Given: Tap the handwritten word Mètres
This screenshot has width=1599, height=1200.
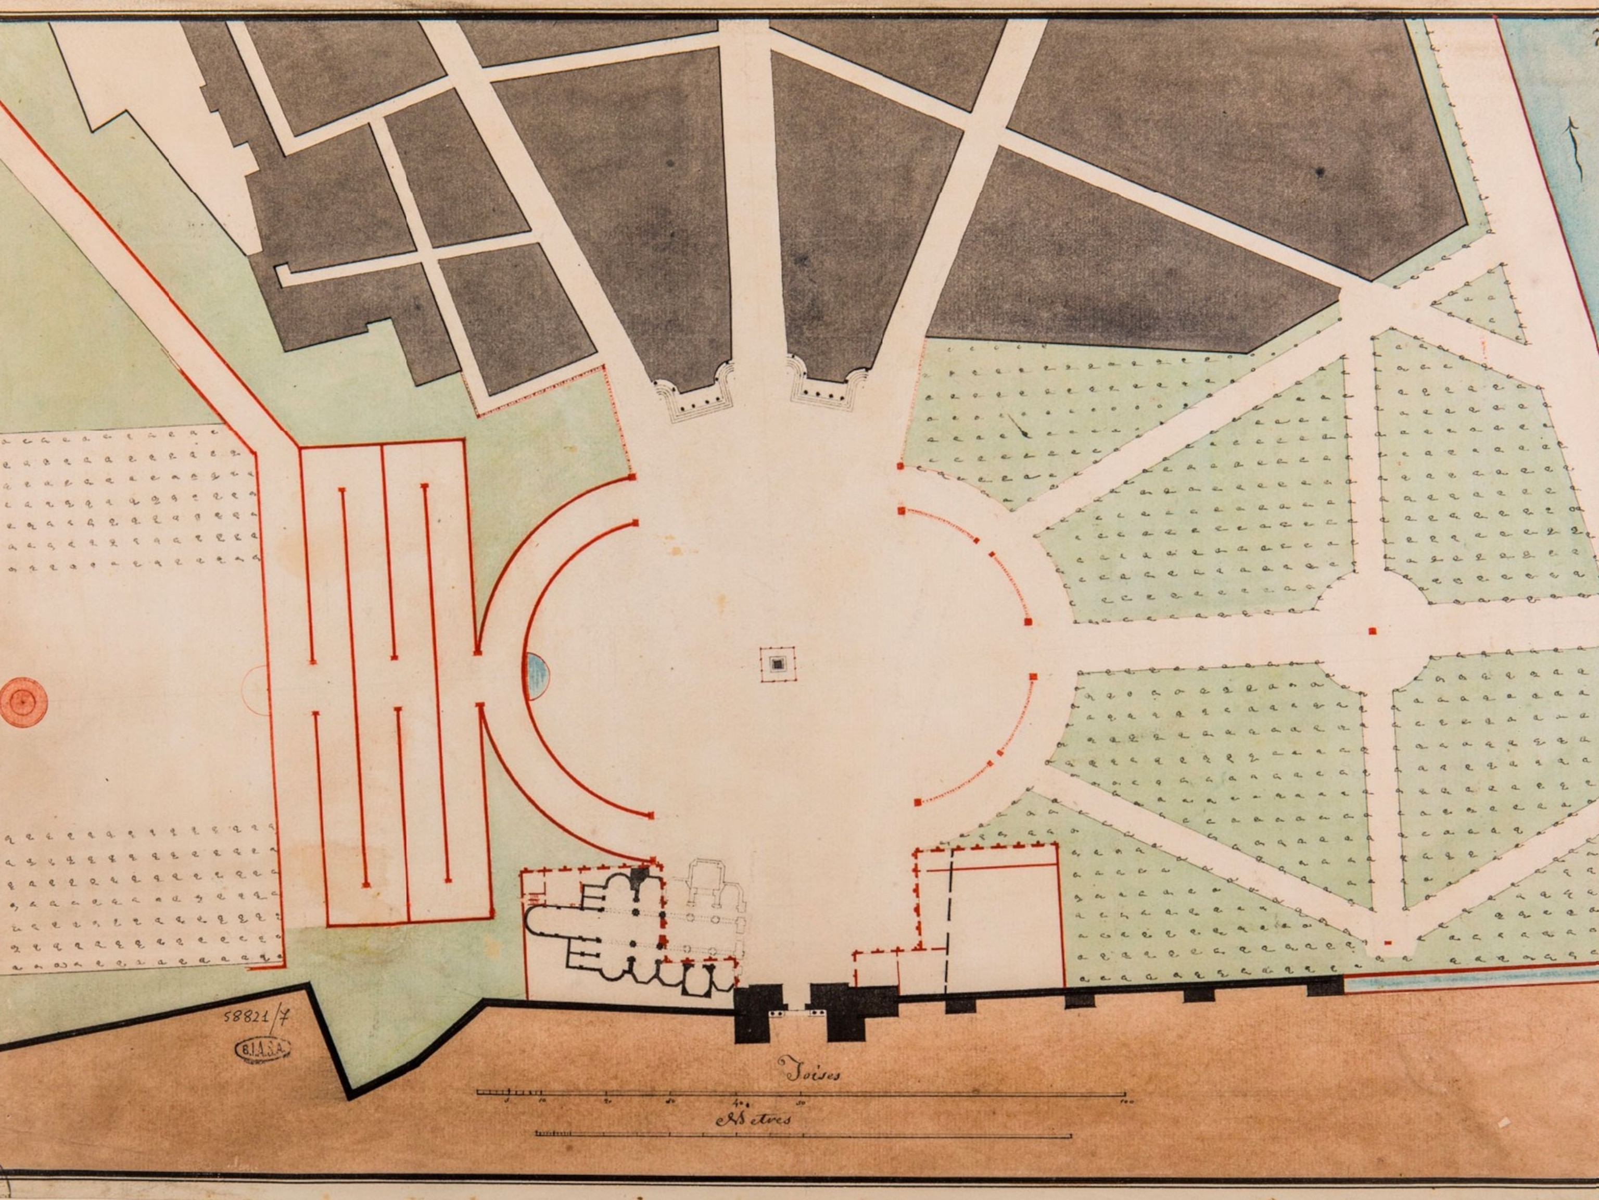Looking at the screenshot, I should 753,1119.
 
